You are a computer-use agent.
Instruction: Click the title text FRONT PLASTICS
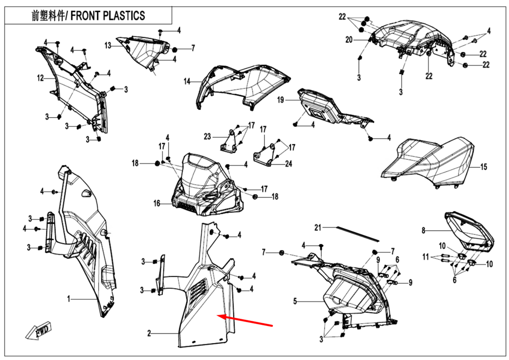click(x=107, y=16)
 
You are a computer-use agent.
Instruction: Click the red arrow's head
click(x=220, y=316)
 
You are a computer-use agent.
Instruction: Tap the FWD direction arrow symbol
click(x=40, y=330)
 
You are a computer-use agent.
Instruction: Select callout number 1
click(x=69, y=299)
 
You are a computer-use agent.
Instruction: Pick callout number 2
click(x=149, y=334)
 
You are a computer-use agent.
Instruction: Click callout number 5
click(x=295, y=301)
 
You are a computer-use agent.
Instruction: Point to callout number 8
click(x=422, y=231)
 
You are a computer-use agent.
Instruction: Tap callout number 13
click(x=108, y=46)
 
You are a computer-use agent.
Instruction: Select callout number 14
click(x=187, y=81)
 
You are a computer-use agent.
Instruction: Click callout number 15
click(x=484, y=167)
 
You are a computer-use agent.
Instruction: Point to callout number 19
click(x=280, y=101)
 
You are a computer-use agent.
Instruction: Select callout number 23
click(x=207, y=136)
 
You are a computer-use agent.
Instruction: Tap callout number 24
click(x=289, y=163)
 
